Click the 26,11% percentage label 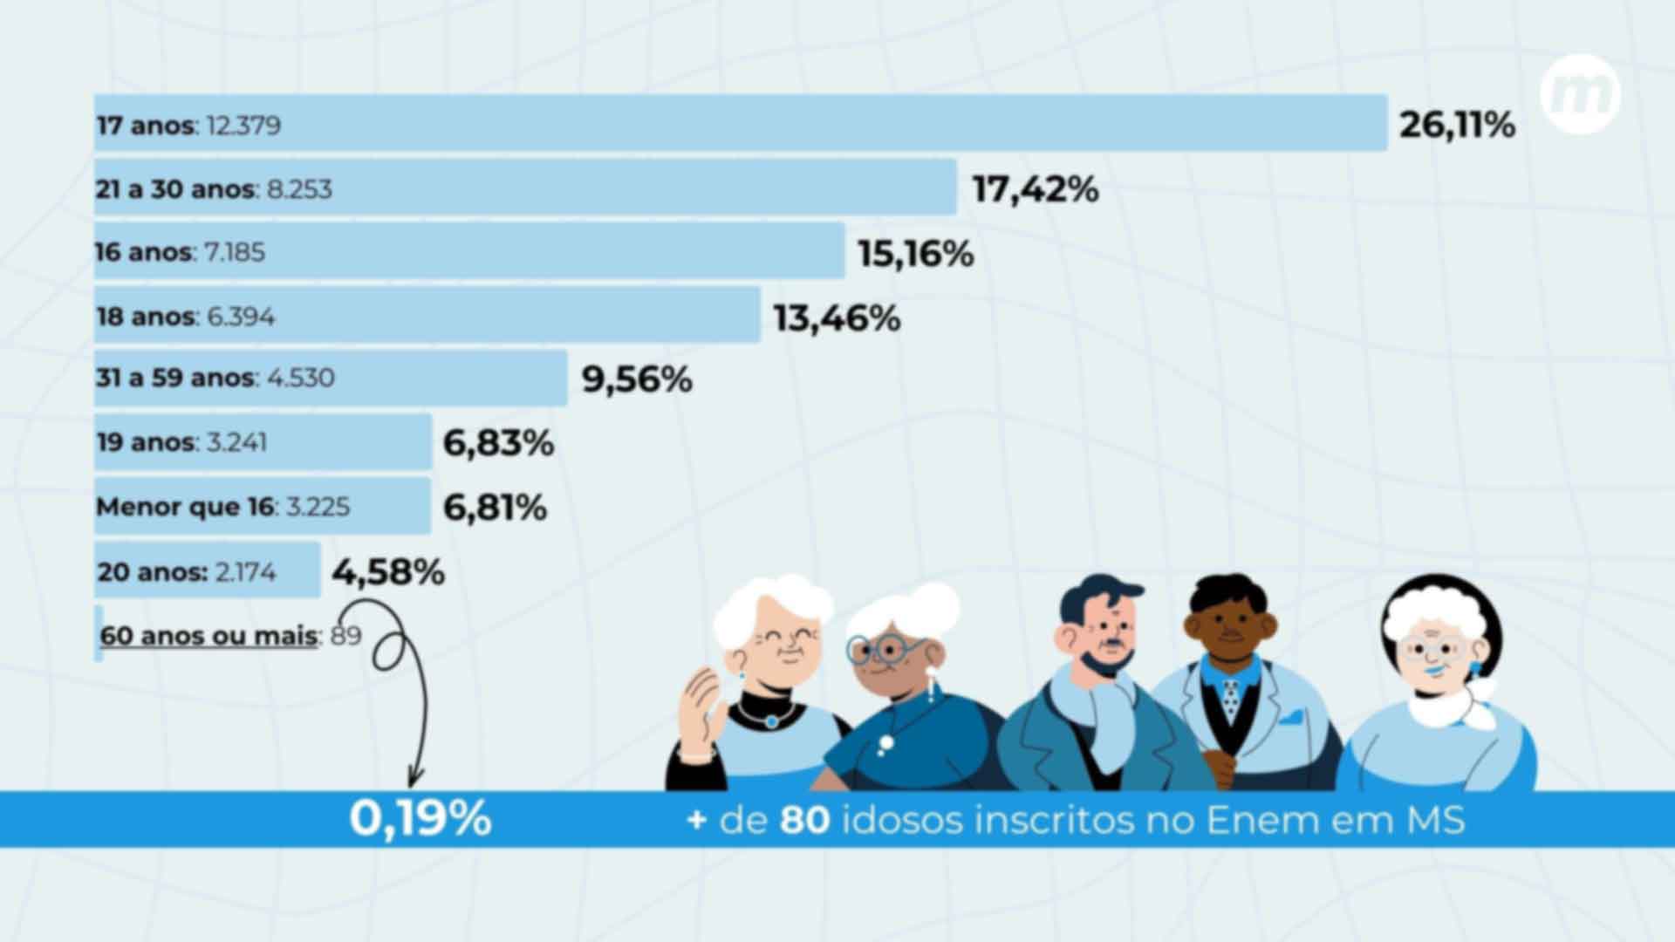(1457, 125)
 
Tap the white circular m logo (1580, 93)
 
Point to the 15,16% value (915, 254)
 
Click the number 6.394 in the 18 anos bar (241, 316)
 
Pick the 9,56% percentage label (637, 379)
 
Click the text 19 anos (146, 442)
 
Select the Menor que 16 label (185, 507)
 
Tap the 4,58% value (388, 572)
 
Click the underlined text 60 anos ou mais (209, 636)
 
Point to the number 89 (346, 636)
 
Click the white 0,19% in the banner (420, 818)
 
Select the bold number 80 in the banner (804, 820)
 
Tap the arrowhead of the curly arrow (415, 775)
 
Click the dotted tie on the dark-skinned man (1230, 698)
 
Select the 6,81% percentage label (495, 508)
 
